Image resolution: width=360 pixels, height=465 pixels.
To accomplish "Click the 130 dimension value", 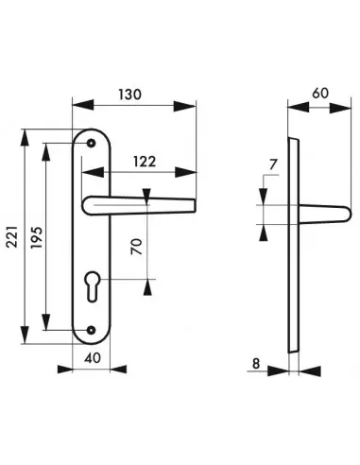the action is coord(129,95).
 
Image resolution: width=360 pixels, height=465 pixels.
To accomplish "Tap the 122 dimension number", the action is coord(145,162).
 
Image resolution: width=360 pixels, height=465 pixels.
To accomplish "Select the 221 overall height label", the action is coord(12,236).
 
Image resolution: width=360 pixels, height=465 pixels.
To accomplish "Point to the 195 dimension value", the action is coord(37,237).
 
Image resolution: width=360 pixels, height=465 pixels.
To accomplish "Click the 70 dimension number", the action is coord(137,247).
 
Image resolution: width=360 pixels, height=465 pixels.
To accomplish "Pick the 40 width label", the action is coord(93,357).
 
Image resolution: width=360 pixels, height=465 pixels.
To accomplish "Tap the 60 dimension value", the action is coord(320,94).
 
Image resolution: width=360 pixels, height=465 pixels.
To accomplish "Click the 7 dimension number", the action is coord(273,164).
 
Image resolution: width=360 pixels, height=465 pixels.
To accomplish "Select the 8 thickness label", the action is coord(256,363).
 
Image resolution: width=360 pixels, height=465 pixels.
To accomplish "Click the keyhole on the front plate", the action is coord(92,285).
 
